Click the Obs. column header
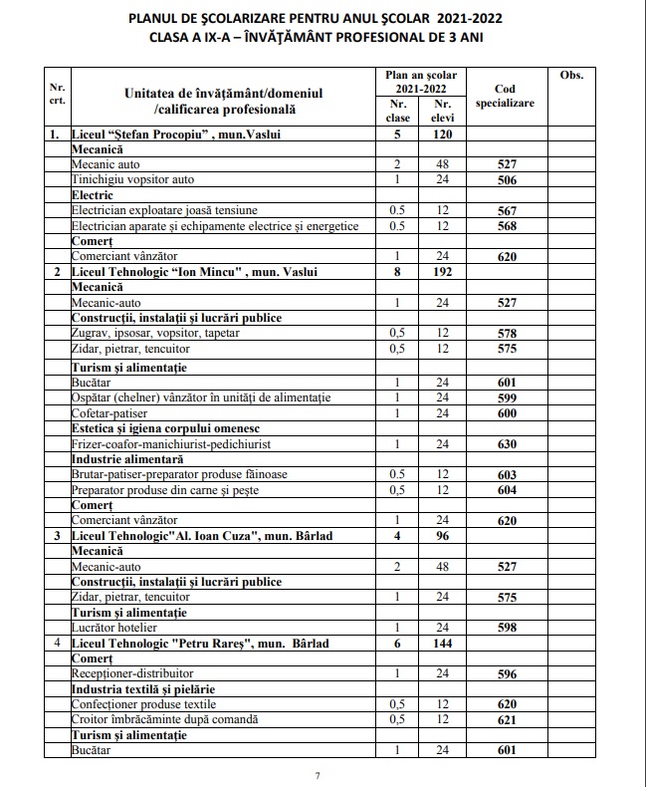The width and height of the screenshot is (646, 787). [571, 76]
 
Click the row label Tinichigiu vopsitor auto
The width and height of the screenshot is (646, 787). [132, 179]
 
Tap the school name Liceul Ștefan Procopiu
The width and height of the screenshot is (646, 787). [136, 132]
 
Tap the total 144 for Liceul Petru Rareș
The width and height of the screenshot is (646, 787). [442, 644]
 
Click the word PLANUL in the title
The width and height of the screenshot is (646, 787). [161, 18]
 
